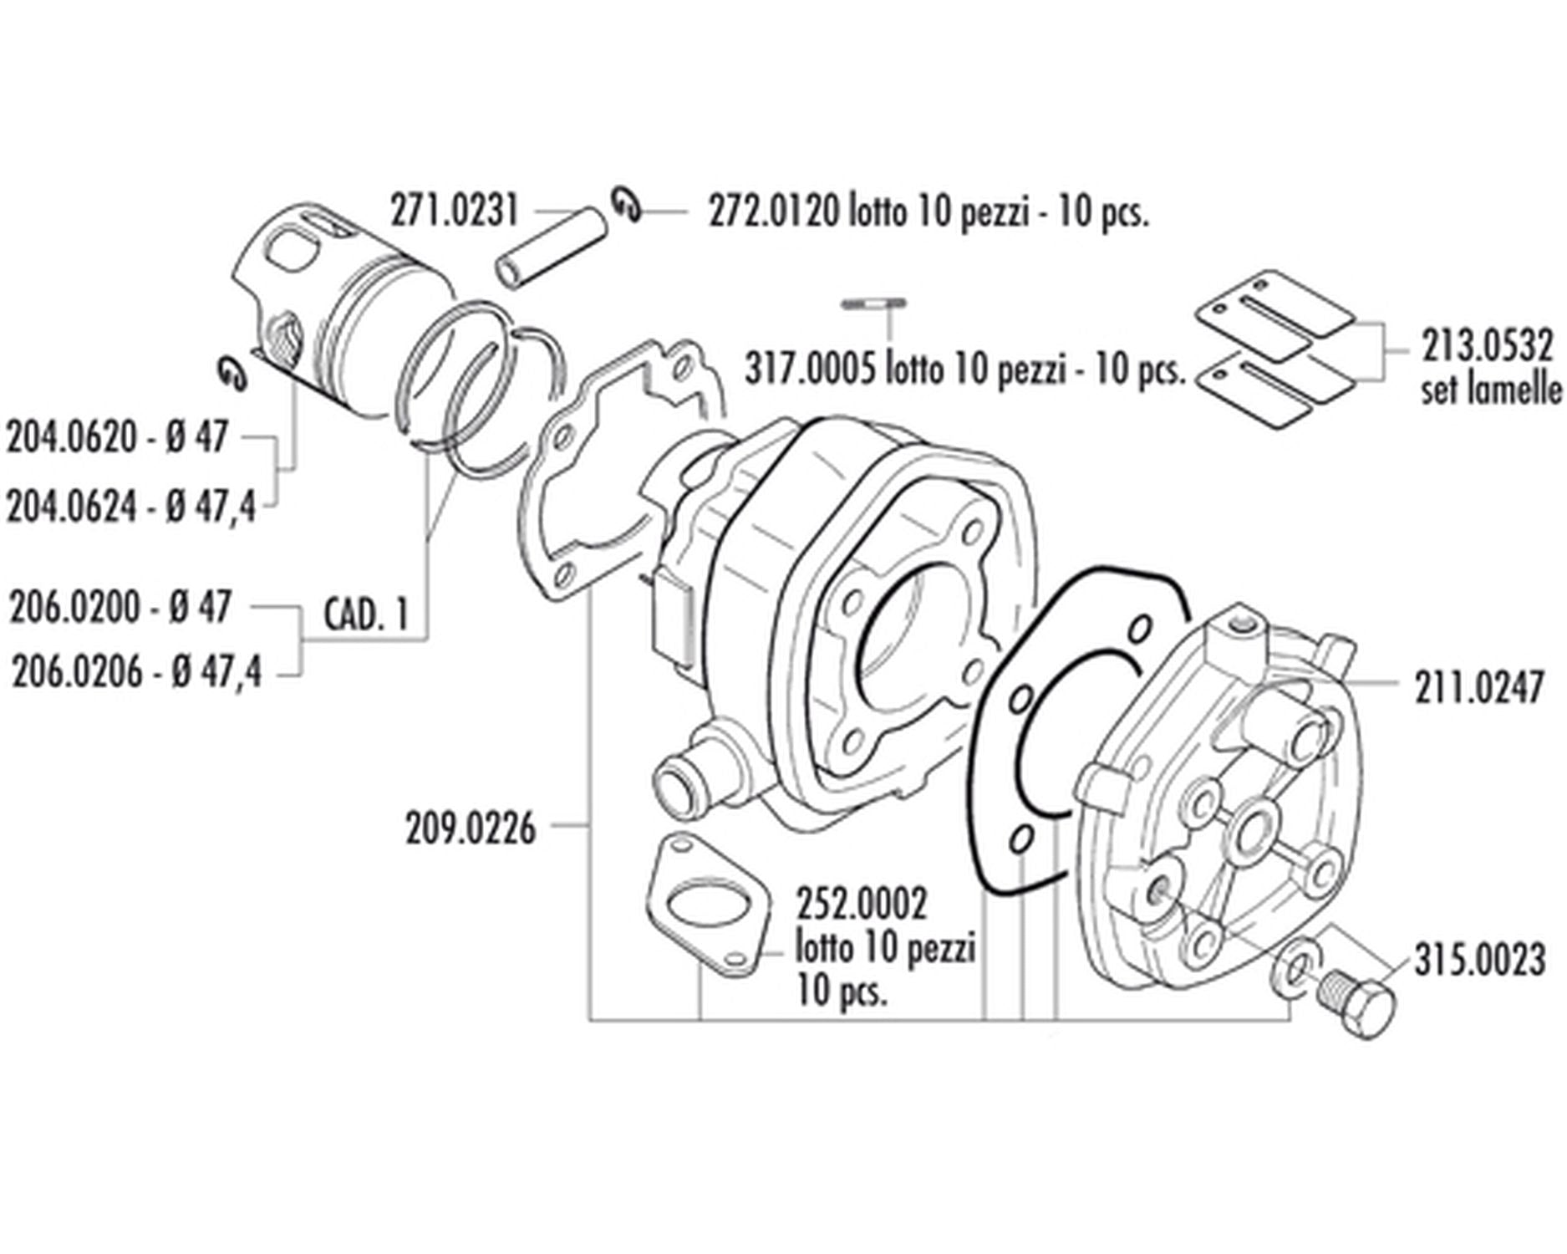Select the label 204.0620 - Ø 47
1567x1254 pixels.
click(x=117, y=437)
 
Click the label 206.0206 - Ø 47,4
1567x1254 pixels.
click(x=136, y=672)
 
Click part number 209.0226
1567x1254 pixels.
click(x=470, y=829)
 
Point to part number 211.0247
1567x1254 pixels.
click(x=1478, y=690)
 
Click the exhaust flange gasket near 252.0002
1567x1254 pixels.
click(x=706, y=905)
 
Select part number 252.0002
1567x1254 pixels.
click(x=861, y=905)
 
